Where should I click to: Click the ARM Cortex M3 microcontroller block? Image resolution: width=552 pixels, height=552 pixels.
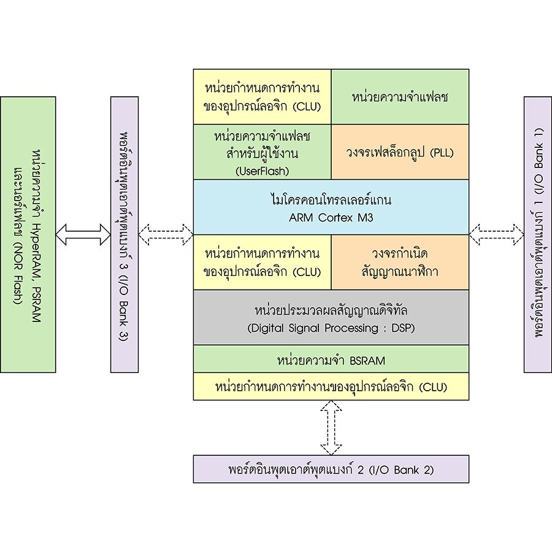[331, 207]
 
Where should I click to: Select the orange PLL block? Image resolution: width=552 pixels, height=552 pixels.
[400, 151]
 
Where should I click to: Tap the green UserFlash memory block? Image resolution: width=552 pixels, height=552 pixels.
[263, 151]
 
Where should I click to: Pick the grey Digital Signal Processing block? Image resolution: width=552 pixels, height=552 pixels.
[331, 317]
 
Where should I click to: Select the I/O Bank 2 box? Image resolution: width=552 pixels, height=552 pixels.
[331, 470]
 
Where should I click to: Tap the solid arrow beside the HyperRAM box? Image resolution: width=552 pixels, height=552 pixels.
[83, 234]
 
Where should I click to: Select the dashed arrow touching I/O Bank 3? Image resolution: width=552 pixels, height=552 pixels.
[166, 234]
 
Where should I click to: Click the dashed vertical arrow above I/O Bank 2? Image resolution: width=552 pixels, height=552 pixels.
[331, 427]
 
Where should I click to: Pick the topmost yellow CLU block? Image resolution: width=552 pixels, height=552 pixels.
[263, 96]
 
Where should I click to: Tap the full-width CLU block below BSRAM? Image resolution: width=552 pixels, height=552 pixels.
[331, 387]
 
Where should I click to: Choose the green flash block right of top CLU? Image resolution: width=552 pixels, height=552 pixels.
[400, 96]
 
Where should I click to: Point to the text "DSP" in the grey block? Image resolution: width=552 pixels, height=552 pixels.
[402, 328]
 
